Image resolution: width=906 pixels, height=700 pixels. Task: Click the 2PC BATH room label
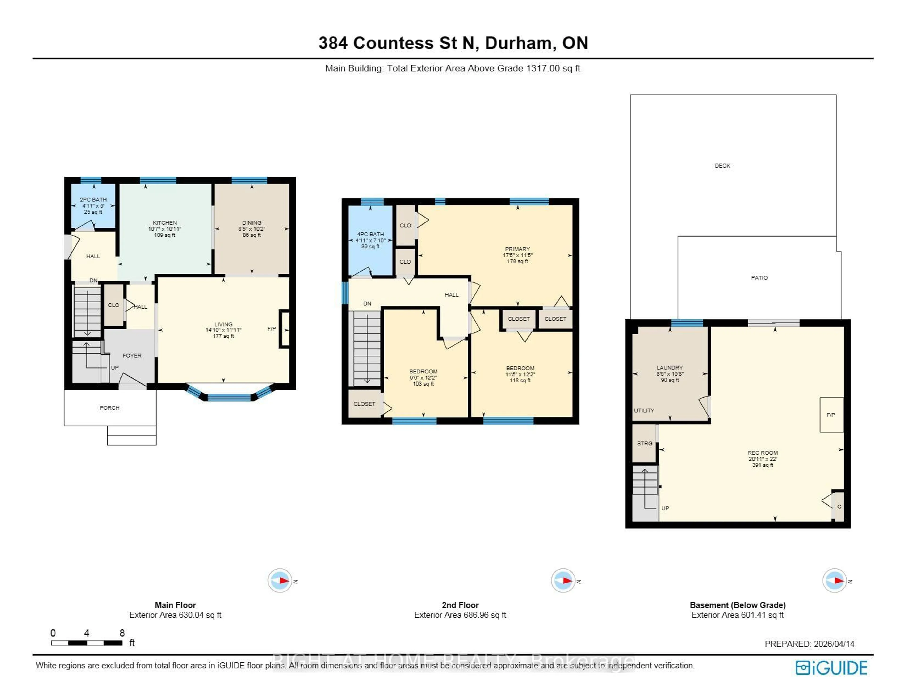pos(93,200)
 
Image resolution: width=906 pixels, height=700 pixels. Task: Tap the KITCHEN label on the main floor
pos(165,223)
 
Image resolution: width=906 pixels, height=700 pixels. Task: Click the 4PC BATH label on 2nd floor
pos(370,234)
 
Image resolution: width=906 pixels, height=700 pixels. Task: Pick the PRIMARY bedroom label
pos(517,249)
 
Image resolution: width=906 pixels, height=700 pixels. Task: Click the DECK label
pos(722,166)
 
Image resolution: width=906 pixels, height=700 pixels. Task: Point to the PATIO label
pos(759,278)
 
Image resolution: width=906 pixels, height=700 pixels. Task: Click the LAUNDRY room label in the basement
pos(670,368)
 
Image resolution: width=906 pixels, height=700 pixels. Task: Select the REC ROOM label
pos(763,453)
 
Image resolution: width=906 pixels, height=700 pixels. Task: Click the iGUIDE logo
pos(831,668)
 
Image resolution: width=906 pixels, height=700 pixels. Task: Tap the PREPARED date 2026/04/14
pos(834,644)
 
